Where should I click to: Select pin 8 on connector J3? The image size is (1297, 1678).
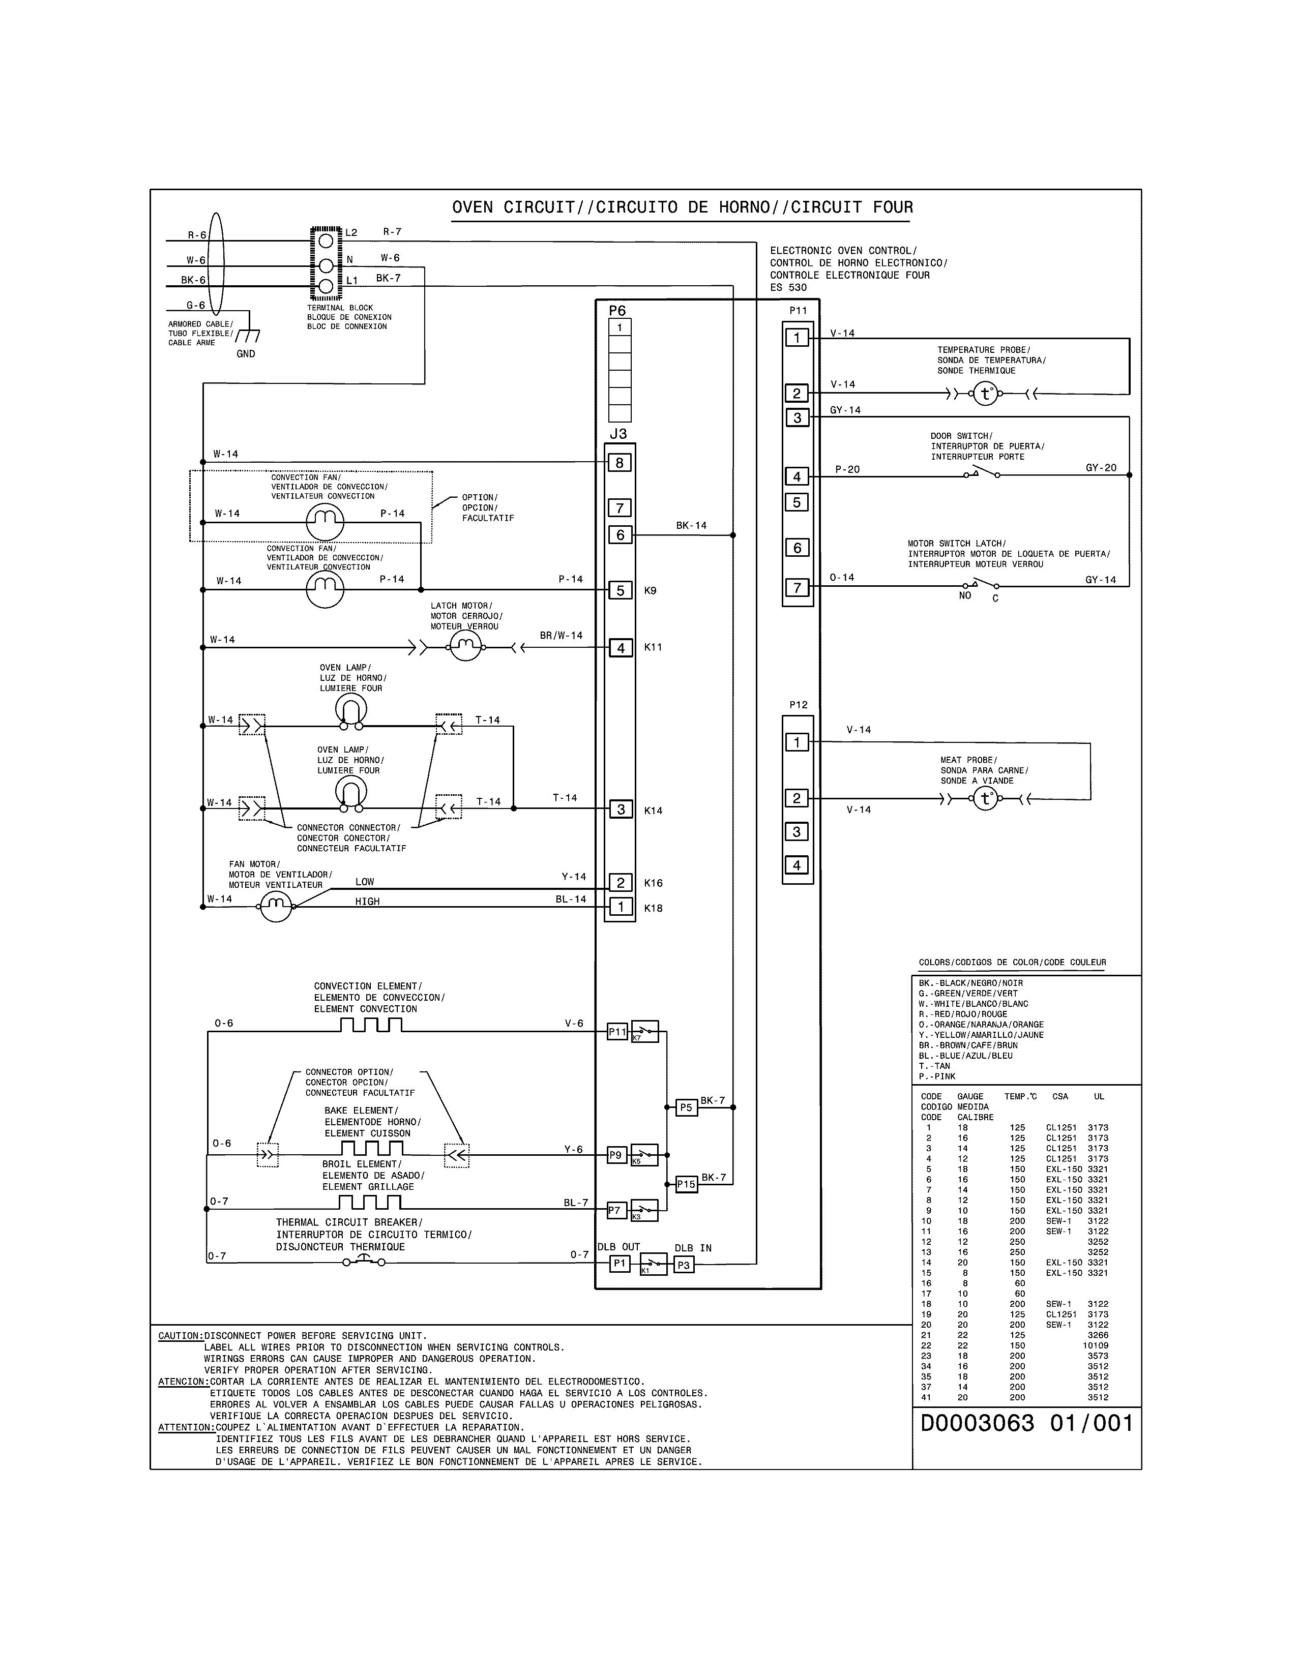point(620,463)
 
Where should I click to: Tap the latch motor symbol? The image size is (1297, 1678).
point(465,648)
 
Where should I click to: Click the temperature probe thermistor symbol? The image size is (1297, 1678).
point(985,394)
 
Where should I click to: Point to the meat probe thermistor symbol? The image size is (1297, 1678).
point(985,799)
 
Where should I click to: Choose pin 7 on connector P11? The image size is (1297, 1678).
point(797,588)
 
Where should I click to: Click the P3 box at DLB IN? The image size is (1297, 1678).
point(683,1265)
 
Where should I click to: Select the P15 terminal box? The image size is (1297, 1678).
point(686,1184)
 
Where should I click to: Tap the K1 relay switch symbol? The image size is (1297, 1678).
point(654,1264)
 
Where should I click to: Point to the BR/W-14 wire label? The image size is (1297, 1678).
point(561,636)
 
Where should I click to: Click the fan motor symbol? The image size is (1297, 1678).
point(276,907)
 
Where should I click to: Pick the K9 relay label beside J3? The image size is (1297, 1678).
point(650,591)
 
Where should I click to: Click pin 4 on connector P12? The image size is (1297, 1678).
point(797,865)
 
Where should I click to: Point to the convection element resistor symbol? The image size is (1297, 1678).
point(372,1025)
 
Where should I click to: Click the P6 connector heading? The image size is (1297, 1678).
point(617,310)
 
